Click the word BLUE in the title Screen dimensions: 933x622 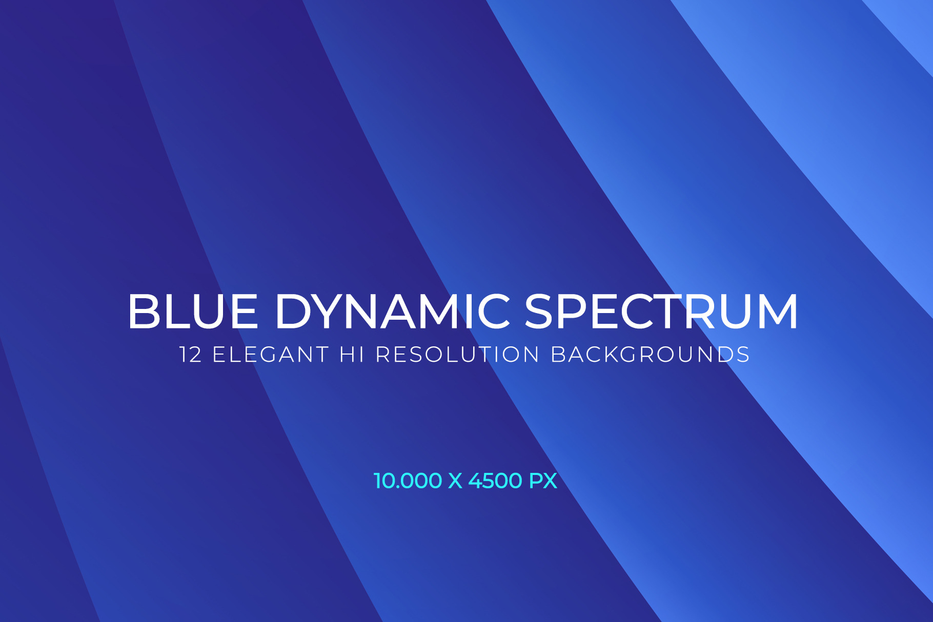coord(193,311)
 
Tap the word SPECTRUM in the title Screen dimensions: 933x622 coord(661,311)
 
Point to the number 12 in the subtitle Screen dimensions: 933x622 coord(191,355)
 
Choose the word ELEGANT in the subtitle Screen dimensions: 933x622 coord(270,355)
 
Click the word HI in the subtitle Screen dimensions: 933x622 coord(352,355)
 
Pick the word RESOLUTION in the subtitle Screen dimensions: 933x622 coord(457,355)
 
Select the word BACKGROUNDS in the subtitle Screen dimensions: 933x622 coord(651,355)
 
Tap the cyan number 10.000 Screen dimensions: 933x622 coord(408,481)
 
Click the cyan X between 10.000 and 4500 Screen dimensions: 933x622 coord(455,481)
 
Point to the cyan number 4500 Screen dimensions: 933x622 coord(495,481)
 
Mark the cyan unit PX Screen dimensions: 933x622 coord(543,481)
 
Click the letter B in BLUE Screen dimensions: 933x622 coord(143,311)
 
